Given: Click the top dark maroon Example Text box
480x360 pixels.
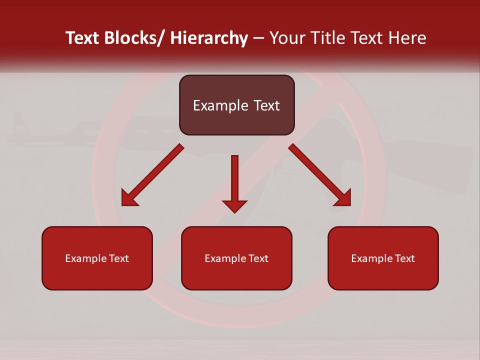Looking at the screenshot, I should (x=236, y=105).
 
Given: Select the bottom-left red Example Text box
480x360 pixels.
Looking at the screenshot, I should (x=97, y=258).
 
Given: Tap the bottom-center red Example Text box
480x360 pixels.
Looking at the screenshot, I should (x=236, y=258).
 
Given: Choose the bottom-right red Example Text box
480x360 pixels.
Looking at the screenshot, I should (x=383, y=258).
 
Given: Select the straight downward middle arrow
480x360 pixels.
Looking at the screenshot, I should (x=234, y=180).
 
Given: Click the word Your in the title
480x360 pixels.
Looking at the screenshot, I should (x=288, y=38).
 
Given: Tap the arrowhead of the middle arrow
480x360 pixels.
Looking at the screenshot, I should (x=234, y=205).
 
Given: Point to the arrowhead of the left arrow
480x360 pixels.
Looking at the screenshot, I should (x=130, y=198).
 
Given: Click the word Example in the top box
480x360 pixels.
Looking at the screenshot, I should (x=213, y=105).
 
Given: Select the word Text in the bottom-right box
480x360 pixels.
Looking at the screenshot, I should (x=404, y=258).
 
